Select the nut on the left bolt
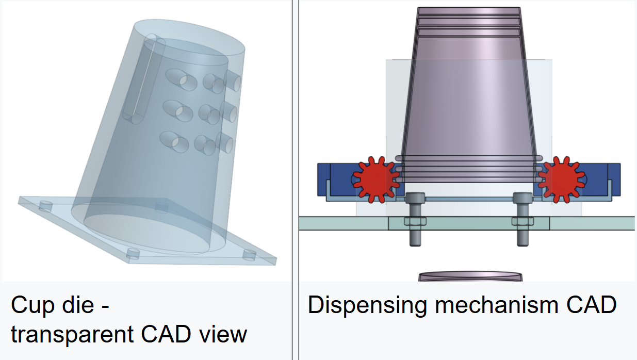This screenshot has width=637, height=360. point(415,221)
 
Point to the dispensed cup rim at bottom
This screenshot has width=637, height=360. point(470,276)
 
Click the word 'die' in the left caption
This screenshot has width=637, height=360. point(78,305)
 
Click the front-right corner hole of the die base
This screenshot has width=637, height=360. point(249,255)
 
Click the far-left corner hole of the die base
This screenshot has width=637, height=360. point(45,206)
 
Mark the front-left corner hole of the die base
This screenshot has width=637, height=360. point(134,253)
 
